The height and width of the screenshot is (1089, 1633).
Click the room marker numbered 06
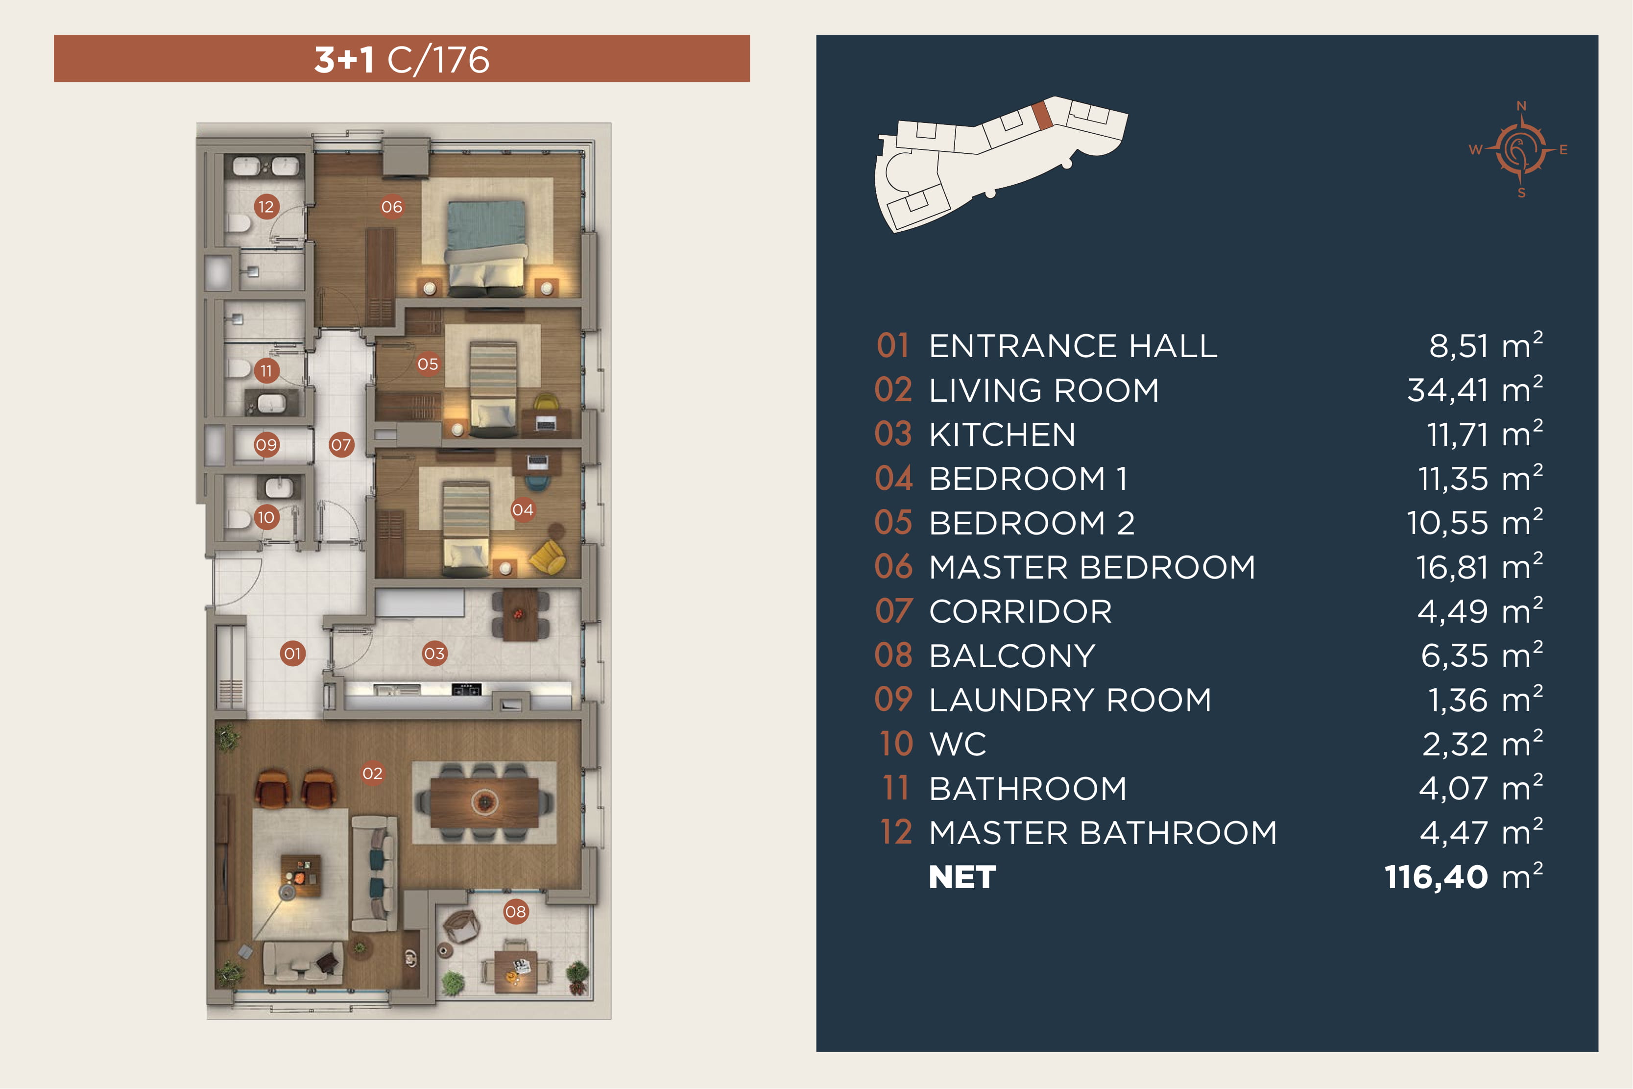(391, 206)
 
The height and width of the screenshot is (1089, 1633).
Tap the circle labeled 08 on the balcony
(515, 911)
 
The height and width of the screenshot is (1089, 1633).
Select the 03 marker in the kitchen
(434, 653)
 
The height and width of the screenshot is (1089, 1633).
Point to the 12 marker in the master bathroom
(266, 206)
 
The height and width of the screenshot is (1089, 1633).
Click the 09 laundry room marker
(266, 444)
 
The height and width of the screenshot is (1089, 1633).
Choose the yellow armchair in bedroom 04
(548, 557)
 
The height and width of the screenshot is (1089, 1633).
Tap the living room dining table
(484, 802)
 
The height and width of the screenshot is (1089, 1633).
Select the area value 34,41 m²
(1475, 389)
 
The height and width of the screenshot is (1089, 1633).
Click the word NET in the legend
(962, 877)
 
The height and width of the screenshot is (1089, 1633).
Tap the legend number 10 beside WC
(896, 744)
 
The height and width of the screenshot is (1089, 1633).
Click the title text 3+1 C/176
(402, 59)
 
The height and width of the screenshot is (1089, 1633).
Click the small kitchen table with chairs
(520, 614)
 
